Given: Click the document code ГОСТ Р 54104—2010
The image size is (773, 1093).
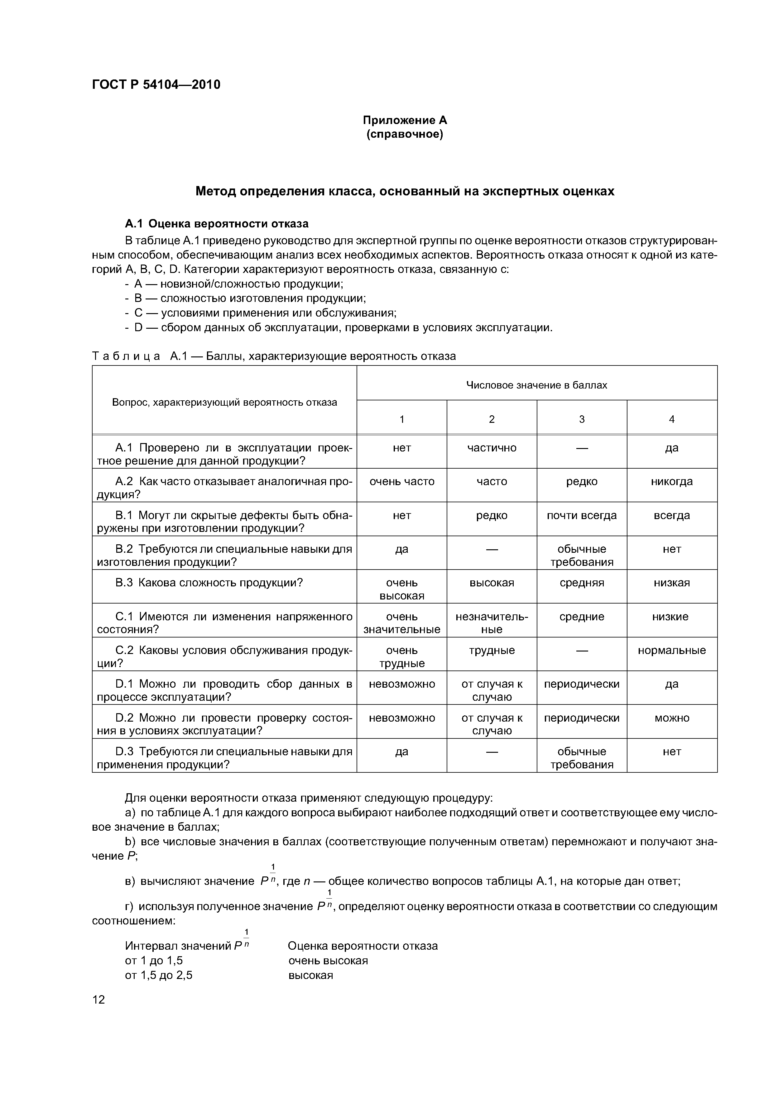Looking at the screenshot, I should point(156,85).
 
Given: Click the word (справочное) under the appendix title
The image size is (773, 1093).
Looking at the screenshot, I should point(405,135).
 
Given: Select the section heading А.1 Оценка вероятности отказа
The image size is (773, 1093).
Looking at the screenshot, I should point(217,224).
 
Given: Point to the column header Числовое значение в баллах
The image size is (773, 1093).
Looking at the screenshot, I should point(536,385).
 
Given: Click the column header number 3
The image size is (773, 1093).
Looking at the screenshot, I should point(582,419).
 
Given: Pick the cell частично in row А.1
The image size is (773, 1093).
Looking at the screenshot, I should point(492,448).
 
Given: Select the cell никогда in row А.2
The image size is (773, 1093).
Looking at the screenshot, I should point(672,482).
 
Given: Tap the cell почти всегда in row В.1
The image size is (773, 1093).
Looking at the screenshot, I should point(582,516).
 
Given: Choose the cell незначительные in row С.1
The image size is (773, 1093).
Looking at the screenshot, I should point(492,623).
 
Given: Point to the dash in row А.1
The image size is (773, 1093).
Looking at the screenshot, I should point(582,448).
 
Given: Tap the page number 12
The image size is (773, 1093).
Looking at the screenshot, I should point(98,1000).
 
